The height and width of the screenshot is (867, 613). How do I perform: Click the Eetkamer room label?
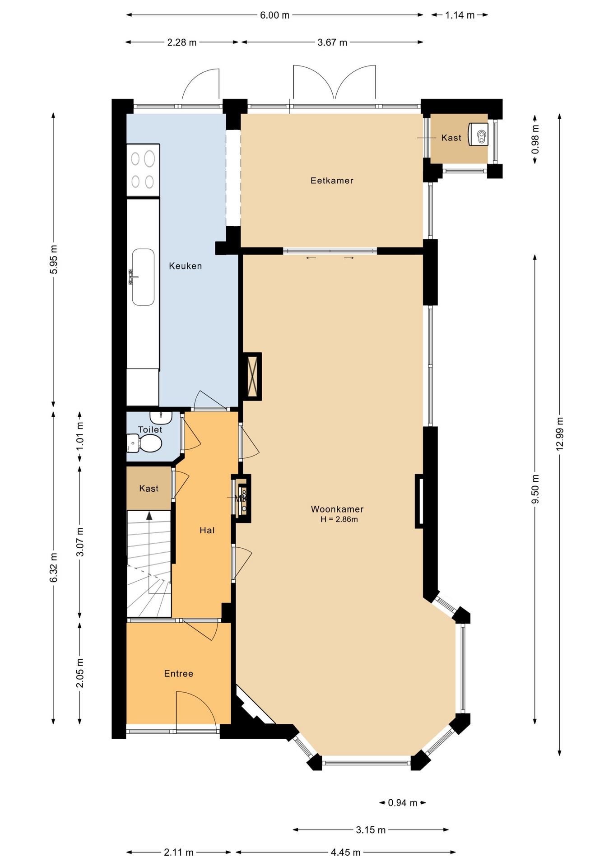332,181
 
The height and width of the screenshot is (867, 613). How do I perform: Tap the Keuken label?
185,266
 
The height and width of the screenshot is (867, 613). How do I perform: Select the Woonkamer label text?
337,509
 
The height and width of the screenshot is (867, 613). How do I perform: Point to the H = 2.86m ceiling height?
339,519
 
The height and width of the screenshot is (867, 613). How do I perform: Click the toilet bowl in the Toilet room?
147,443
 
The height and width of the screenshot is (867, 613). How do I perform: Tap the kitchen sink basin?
143,277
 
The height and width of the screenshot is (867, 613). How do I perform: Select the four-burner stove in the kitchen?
143,170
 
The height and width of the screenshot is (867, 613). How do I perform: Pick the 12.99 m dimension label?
560,433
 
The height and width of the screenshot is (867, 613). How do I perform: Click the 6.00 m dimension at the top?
274,15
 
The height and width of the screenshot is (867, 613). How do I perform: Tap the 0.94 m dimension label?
403,802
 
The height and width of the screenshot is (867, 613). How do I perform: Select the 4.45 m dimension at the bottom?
345,852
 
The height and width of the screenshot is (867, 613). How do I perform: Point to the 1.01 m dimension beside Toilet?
80,436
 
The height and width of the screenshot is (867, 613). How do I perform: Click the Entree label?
178,674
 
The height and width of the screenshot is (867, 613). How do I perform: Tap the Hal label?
207,530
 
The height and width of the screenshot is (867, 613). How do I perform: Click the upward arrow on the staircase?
149,516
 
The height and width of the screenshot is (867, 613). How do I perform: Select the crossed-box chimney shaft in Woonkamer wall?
252,376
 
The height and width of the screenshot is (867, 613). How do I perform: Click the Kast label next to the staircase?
149,489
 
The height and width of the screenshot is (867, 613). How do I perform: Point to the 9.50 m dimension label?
535,489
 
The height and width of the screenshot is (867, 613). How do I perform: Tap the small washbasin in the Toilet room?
161,417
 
